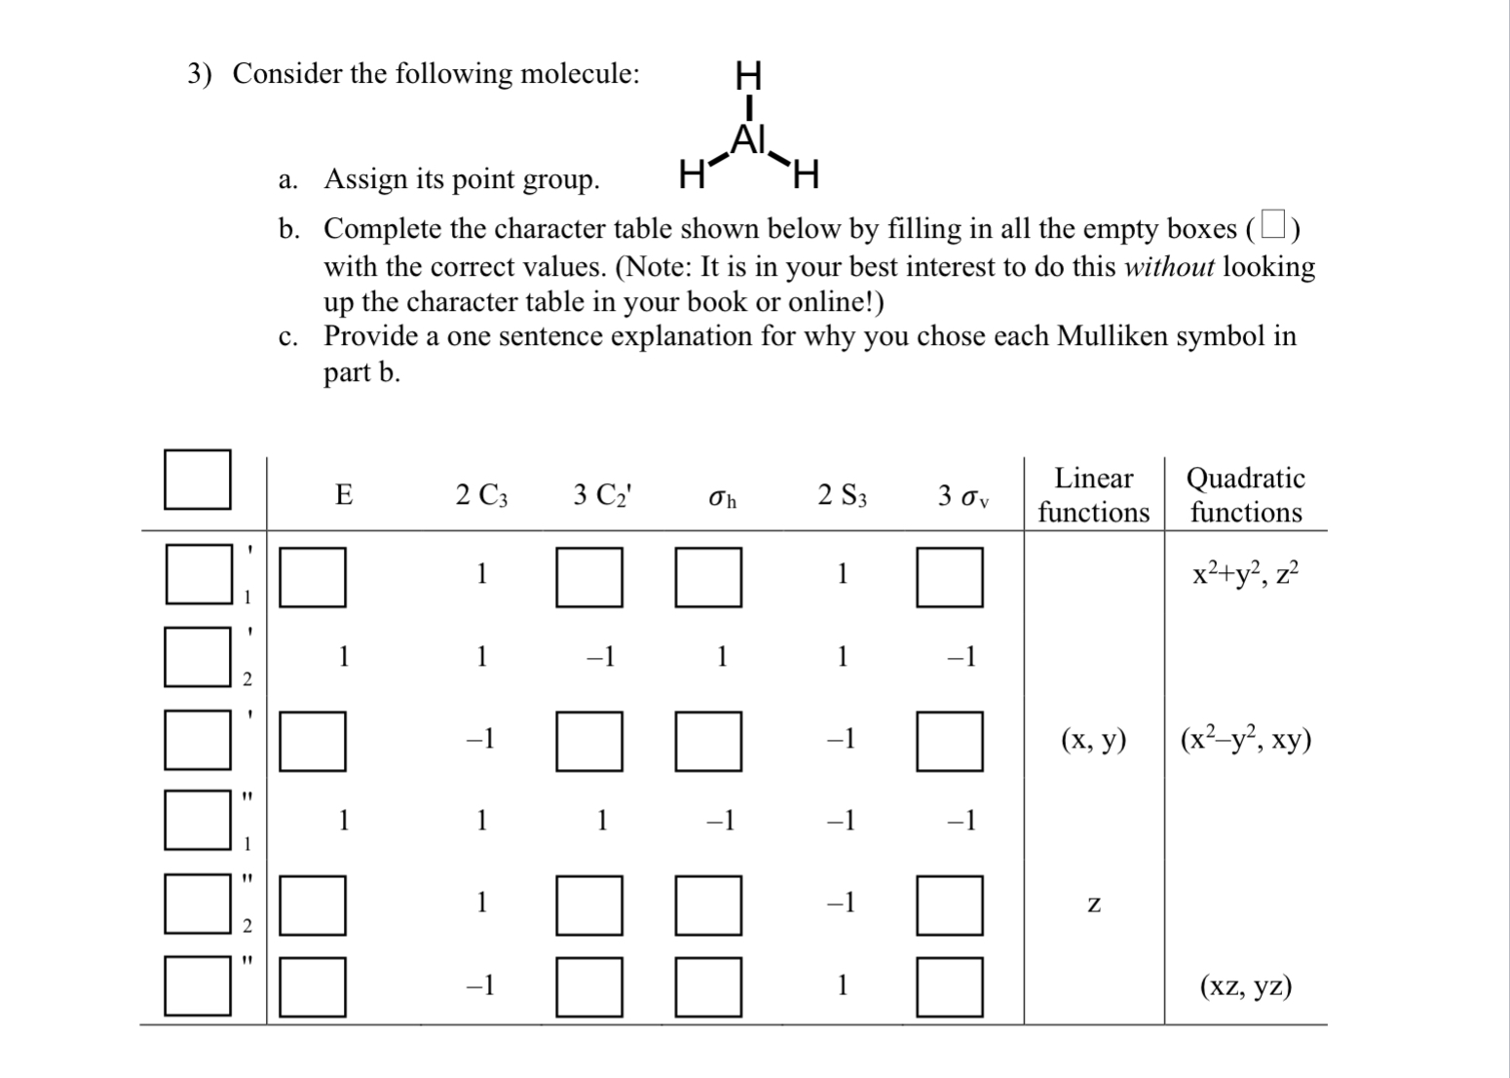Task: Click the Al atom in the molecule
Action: pyautogui.click(x=749, y=139)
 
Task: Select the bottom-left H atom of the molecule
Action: pyautogui.click(x=691, y=176)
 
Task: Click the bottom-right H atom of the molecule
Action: pyautogui.click(x=807, y=176)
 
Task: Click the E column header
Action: pyautogui.click(x=344, y=496)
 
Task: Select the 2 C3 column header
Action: pyautogui.click(x=481, y=496)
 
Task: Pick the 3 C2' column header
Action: pyautogui.click(x=602, y=496)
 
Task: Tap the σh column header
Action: pyautogui.click(x=722, y=498)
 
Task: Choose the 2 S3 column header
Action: pyautogui.click(x=842, y=496)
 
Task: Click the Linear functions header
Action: pyautogui.click(x=1093, y=495)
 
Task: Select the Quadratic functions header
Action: pyautogui.click(x=1245, y=495)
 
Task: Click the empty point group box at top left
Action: pyautogui.click(x=198, y=480)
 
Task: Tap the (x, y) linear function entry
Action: pyautogui.click(x=1093, y=741)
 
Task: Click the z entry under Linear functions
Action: pyautogui.click(x=1093, y=905)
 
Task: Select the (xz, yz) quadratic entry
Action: pyautogui.click(x=1245, y=987)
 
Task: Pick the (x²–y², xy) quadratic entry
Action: pyautogui.click(x=1245, y=740)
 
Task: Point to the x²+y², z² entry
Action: pyautogui.click(x=1245, y=574)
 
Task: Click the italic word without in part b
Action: pyautogui.click(x=1169, y=267)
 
